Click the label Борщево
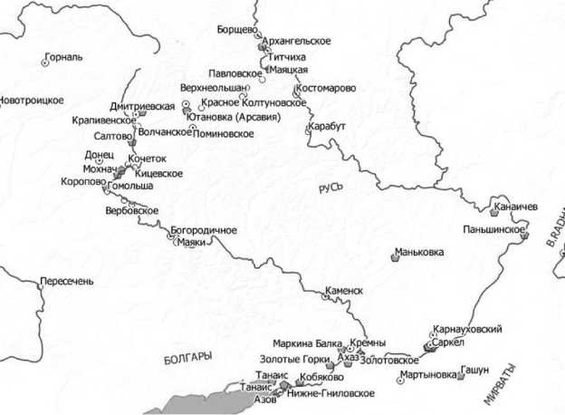[x=233, y=30]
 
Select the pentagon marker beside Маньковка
[x=396, y=256]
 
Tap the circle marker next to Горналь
[x=45, y=63]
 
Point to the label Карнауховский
[x=467, y=329]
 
